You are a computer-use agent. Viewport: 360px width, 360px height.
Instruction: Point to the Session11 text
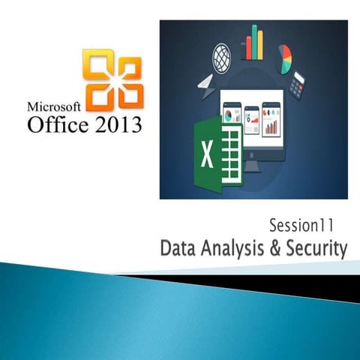point(305,223)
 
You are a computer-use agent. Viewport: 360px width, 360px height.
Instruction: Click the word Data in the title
point(179,247)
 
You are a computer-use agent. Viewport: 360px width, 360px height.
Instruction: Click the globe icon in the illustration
point(222,56)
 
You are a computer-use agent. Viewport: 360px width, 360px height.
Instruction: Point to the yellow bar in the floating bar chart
point(262,49)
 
